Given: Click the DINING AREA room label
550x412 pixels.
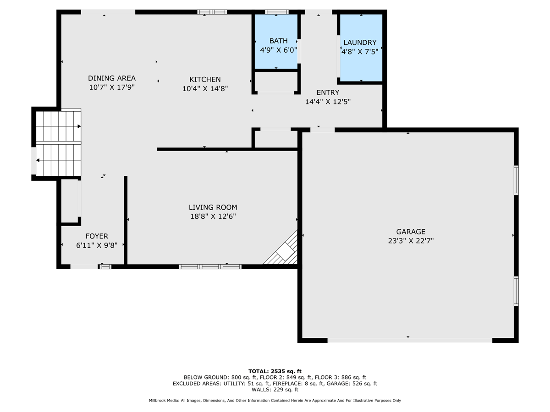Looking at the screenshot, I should (112, 78).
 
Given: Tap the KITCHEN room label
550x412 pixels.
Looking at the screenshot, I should (205, 80).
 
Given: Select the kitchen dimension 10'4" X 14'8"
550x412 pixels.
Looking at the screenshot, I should (205, 89).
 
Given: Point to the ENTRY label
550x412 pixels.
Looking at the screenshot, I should (328, 92).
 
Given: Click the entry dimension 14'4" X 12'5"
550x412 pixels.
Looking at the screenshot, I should (328, 102).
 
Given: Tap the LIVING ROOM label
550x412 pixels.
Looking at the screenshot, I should (213, 207).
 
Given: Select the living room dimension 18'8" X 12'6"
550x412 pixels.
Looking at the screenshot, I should (213, 217).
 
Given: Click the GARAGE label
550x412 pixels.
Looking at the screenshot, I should (411, 232).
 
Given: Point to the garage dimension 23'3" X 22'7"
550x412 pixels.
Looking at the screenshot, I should (411, 241).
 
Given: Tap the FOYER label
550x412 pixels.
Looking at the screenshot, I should (97, 236).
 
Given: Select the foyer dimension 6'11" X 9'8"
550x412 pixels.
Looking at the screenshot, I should (97, 245).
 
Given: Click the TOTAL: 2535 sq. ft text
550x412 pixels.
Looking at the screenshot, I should (275, 371).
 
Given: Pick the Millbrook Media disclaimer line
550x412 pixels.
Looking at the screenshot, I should (275, 401).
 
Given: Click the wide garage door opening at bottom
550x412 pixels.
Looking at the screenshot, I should (410, 340).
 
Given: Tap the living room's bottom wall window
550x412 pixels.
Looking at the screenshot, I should (210, 266).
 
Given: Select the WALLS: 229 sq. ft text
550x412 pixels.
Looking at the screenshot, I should (275, 390).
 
